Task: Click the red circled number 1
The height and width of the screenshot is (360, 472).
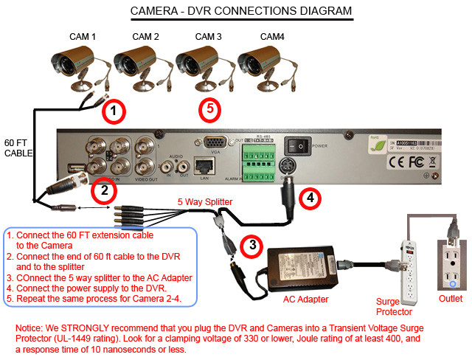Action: tap(113, 113)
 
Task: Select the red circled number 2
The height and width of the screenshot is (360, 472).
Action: tap(105, 191)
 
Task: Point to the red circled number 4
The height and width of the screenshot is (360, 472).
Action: tap(311, 198)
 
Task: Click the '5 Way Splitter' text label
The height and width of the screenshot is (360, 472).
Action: tap(205, 201)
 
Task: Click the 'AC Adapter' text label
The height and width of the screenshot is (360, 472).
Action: tap(308, 299)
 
